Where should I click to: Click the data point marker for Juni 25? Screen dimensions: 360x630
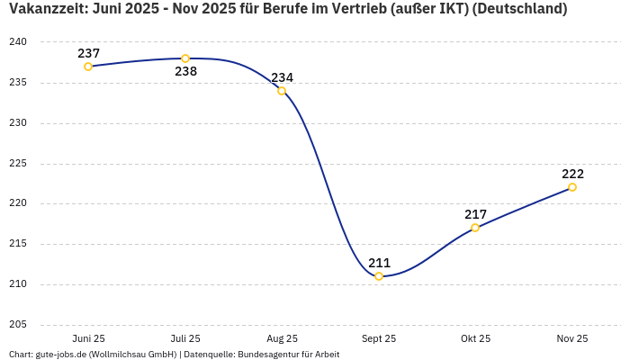pyautogui.click(x=88, y=67)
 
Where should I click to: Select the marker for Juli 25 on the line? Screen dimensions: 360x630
pyautogui.click(x=185, y=58)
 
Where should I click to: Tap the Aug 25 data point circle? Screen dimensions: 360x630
pyautogui.click(x=282, y=91)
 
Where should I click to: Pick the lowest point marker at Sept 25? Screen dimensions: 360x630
pyautogui.click(x=379, y=276)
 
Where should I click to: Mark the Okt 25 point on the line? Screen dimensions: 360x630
pyautogui.click(x=475, y=228)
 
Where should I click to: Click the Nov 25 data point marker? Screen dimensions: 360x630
pyautogui.click(x=572, y=187)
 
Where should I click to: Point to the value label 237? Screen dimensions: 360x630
pyautogui.click(x=88, y=53)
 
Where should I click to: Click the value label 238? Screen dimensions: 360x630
pyautogui.click(x=185, y=72)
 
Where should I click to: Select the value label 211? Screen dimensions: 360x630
pyautogui.click(x=379, y=263)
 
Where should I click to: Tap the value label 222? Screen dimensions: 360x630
pyautogui.click(x=572, y=174)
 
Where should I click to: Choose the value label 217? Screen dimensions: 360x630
pyautogui.click(x=475, y=214)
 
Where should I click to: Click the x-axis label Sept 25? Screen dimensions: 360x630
pyautogui.click(x=379, y=338)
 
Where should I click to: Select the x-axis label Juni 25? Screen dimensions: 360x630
pyautogui.click(x=88, y=338)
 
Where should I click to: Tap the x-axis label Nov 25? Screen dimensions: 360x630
pyautogui.click(x=572, y=338)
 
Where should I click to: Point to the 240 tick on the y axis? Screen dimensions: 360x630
pyautogui.click(x=19, y=42)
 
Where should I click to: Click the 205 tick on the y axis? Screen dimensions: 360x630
pyautogui.click(x=19, y=325)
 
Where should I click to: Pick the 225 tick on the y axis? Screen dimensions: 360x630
pyautogui.click(x=19, y=164)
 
